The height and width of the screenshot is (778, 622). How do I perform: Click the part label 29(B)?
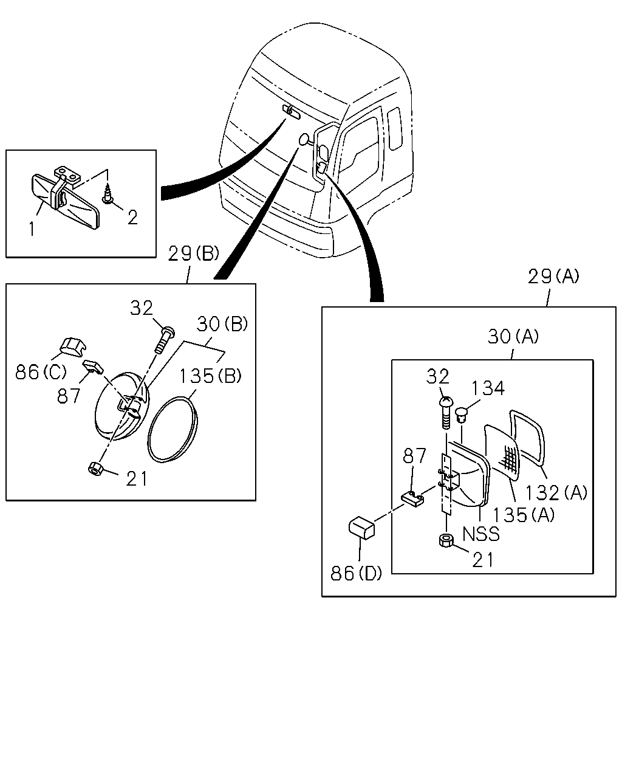[x=193, y=253]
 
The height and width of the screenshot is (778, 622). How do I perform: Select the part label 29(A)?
[x=553, y=277]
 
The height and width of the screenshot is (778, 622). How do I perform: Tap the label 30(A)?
[x=513, y=337]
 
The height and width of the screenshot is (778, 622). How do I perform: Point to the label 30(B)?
[x=222, y=324]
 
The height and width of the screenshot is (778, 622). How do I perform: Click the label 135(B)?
[x=210, y=376]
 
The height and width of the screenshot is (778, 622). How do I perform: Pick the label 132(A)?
[x=556, y=493]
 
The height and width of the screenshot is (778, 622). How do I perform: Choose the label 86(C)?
[x=41, y=372]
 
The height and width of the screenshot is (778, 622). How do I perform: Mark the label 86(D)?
[x=356, y=573]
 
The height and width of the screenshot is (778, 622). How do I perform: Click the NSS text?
[x=481, y=534]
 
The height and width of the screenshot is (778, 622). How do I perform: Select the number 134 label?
[x=488, y=388]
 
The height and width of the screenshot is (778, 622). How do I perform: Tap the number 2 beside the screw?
[x=132, y=218]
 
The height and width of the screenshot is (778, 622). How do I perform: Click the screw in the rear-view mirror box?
[x=108, y=194]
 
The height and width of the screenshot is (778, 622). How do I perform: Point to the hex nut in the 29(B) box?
[x=96, y=469]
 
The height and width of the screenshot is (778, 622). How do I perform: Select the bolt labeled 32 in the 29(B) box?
[x=165, y=339]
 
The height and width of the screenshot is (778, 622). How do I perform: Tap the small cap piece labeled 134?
[x=461, y=415]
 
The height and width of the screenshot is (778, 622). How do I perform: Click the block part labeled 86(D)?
[x=361, y=529]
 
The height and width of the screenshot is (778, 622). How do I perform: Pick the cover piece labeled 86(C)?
[x=73, y=347]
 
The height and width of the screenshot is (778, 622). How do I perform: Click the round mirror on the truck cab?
[x=304, y=139]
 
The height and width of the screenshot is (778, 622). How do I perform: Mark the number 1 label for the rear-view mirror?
[x=32, y=229]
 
